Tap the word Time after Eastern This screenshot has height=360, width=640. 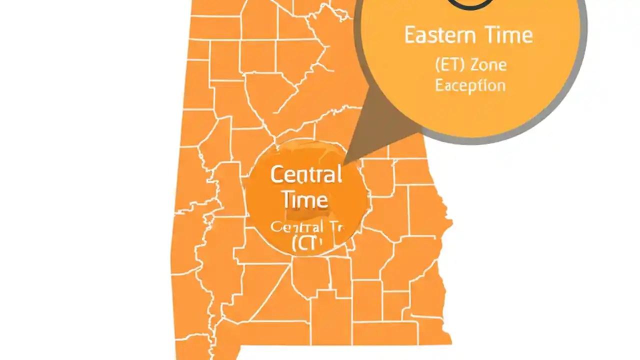(508, 35)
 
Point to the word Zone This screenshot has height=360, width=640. (488, 65)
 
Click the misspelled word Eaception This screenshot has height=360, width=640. (470, 85)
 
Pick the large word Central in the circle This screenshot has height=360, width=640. (306, 175)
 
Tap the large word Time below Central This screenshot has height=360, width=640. (305, 199)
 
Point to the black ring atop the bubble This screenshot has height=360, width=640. (470, 4)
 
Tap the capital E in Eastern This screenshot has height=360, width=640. (409, 35)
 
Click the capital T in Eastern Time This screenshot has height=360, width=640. (489, 35)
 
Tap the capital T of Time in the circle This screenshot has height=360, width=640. (288, 199)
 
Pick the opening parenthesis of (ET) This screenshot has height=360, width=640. (437, 65)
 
